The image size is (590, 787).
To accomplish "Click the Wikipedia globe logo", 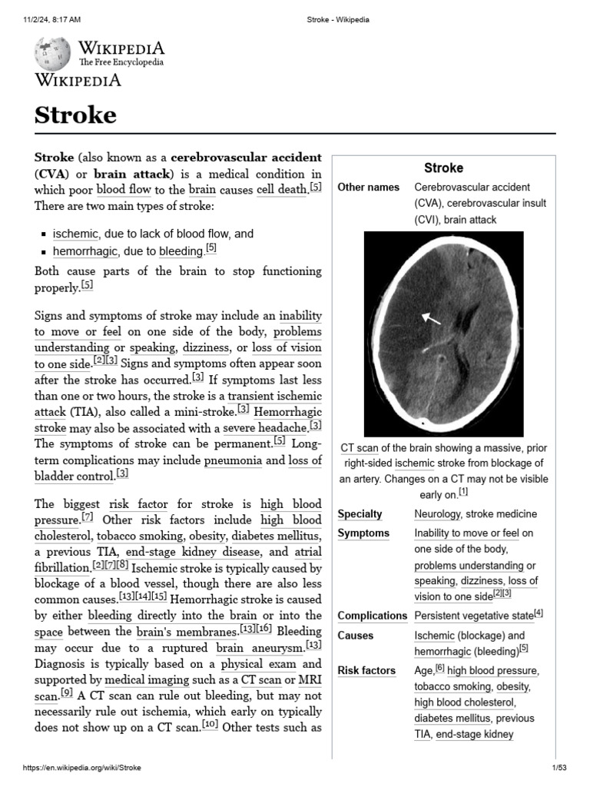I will tap(52, 53).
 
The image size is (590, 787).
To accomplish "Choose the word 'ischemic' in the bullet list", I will tap(75, 234).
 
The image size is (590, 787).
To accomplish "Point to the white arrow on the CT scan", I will tap(431, 318).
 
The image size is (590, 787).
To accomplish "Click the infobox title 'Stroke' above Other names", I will tap(443, 168).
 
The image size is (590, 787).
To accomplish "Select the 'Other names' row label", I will tap(368, 188).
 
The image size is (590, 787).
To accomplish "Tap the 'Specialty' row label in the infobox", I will tap(360, 514).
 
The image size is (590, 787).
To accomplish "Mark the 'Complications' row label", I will tap(372, 616).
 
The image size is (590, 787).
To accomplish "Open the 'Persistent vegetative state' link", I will tap(473, 616).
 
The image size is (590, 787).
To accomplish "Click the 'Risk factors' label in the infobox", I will tap(366, 670).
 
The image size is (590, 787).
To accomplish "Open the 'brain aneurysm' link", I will tap(260, 648).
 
